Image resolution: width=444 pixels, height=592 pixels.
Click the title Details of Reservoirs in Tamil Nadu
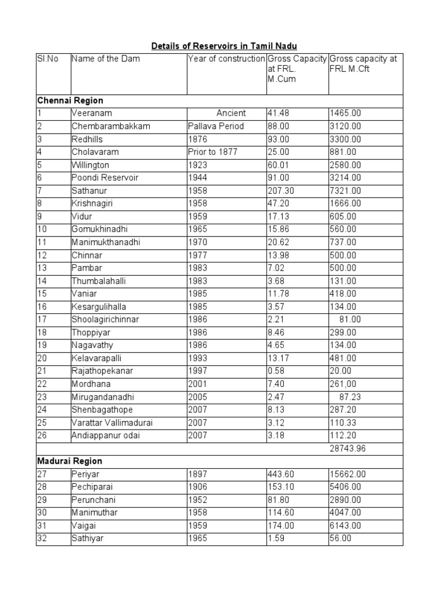click(x=224, y=46)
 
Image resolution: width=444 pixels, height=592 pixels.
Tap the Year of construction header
click(x=226, y=58)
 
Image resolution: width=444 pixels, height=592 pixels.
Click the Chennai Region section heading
click(x=70, y=101)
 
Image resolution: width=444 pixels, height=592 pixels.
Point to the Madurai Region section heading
click(x=70, y=461)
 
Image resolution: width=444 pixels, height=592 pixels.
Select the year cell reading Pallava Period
click(x=216, y=126)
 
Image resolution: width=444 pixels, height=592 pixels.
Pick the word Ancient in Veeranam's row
click(x=231, y=113)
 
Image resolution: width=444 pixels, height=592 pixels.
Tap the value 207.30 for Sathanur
click(x=280, y=190)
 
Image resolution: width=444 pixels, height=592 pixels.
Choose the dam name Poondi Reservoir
click(x=105, y=177)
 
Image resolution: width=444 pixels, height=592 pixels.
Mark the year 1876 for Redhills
click(x=197, y=139)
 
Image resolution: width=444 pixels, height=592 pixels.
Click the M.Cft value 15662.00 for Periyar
click(x=347, y=474)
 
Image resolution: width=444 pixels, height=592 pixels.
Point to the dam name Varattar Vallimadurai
click(x=112, y=422)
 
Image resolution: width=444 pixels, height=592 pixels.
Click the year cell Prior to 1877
click(x=212, y=151)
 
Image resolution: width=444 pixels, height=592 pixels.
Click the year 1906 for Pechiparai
click(x=197, y=487)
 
